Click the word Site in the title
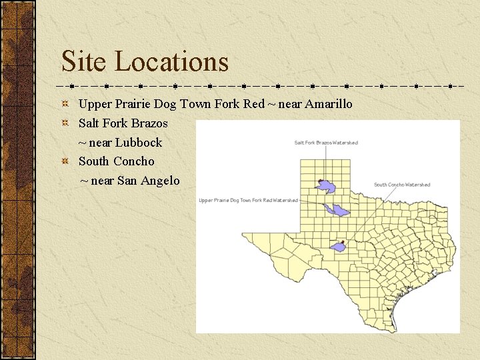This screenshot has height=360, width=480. [85, 61]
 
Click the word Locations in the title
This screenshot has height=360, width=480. [172, 61]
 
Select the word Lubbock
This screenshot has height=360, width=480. [139, 142]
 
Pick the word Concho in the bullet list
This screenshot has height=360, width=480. [133, 161]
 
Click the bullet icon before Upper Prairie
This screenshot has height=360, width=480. [65, 104]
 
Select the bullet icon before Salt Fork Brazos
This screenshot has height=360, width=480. [65, 123]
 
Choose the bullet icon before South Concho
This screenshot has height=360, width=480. [65, 161]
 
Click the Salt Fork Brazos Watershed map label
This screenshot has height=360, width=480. [326, 143]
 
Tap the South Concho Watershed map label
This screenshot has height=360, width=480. [402, 185]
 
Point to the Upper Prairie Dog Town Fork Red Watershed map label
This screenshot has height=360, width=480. [248, 200]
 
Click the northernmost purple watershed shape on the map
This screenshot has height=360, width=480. [327, 185]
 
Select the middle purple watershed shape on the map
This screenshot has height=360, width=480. [336, 211]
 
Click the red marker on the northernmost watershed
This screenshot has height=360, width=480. [321, 181]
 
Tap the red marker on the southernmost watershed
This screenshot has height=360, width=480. [342, 242]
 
